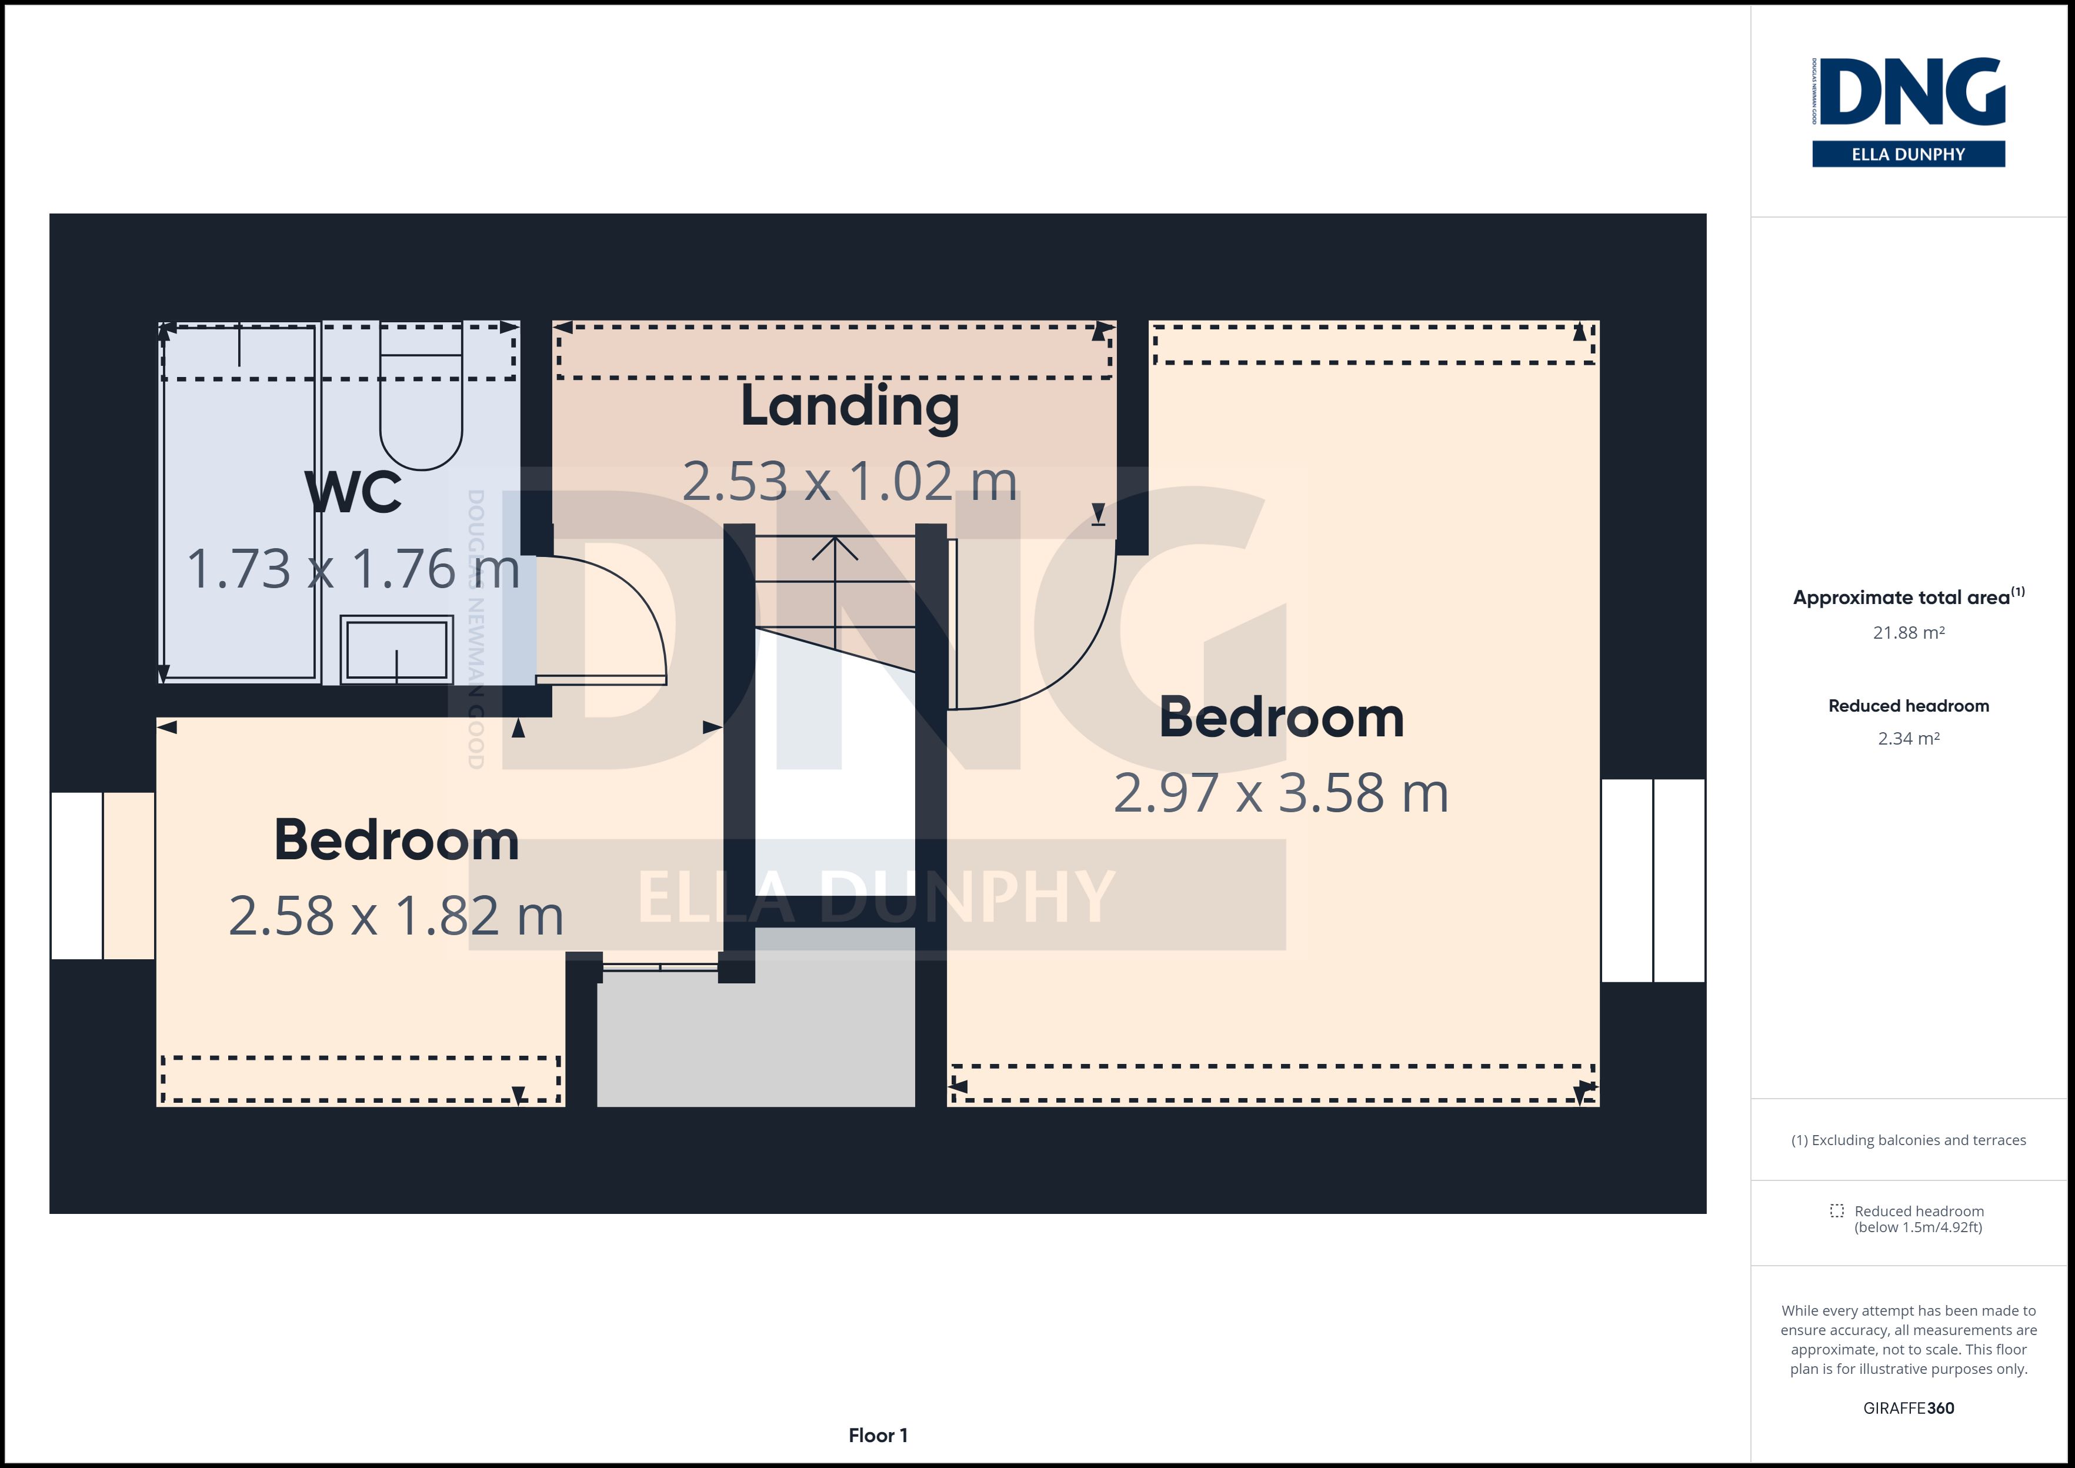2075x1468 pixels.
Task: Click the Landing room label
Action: [849, 408]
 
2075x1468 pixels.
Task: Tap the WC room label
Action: [353, 493]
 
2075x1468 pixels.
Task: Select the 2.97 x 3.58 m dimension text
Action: [1280, 793]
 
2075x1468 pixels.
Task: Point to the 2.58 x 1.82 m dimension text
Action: [396, 916]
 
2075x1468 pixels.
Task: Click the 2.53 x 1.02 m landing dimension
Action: [849, 481]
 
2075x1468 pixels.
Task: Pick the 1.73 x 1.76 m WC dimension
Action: [353, 569]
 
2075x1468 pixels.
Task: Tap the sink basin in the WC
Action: [397, 649]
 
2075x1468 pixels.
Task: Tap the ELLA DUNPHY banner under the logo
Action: [1909, 154]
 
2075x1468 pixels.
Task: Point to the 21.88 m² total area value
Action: [1909, 633]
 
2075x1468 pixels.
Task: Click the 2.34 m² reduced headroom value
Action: [1909, 739]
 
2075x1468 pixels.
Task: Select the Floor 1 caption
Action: [878, 1436]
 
